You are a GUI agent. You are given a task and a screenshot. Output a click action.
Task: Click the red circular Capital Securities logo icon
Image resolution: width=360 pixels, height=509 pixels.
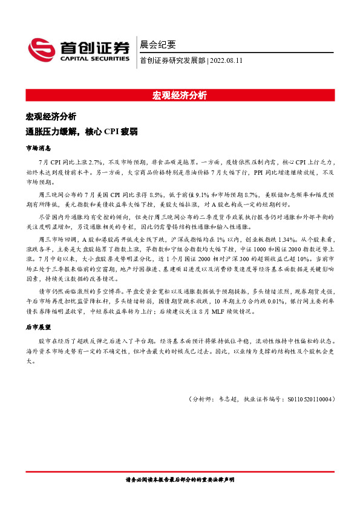coord(41,50)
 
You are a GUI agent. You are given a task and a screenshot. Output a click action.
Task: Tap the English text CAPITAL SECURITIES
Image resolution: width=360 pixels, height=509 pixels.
coord(94,59)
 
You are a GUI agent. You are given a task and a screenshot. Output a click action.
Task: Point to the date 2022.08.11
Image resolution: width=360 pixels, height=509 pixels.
coord(226,60)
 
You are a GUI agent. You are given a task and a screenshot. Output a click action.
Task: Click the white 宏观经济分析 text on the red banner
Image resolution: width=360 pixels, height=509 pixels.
coord(180,96)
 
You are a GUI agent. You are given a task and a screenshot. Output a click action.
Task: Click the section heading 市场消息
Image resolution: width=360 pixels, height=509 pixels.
coord(38,148)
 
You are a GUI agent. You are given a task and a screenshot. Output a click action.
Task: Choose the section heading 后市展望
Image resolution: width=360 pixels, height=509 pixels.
coord(38,326)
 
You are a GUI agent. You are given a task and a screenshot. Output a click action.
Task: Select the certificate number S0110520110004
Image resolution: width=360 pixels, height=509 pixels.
coord(307,400)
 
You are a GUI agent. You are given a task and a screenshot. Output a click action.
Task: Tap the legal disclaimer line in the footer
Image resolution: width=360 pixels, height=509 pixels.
coord(180,481)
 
